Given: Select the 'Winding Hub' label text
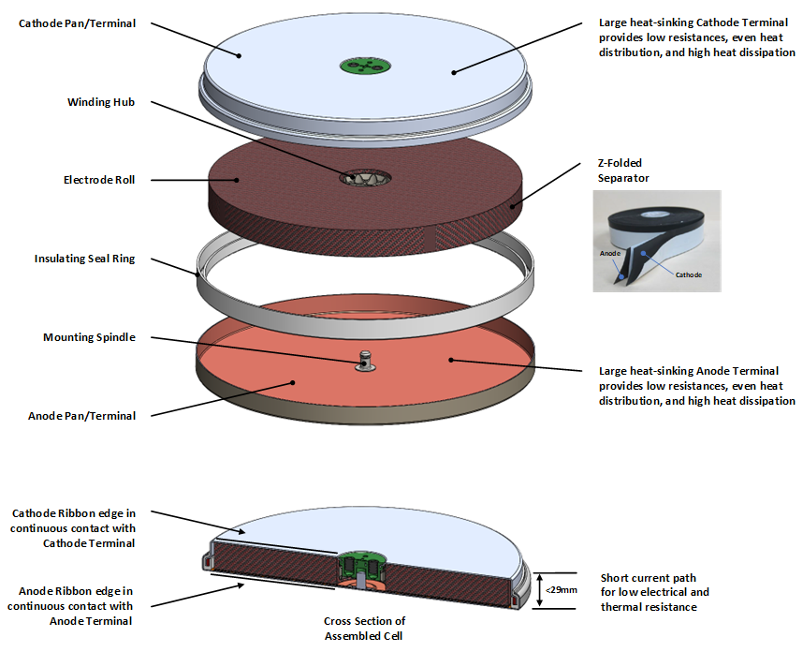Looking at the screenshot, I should (x=101, y=102).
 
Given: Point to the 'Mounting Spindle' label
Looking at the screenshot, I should (x=89, y=337).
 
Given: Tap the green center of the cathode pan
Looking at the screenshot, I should (x=364, y=66).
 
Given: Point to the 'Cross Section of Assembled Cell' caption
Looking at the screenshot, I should (x=365, y=628).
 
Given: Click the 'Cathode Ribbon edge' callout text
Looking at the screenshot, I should (x=73, y=527).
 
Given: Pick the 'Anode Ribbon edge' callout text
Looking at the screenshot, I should (x=70, y=606).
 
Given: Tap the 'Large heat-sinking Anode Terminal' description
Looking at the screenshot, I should (x=696, y=385).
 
